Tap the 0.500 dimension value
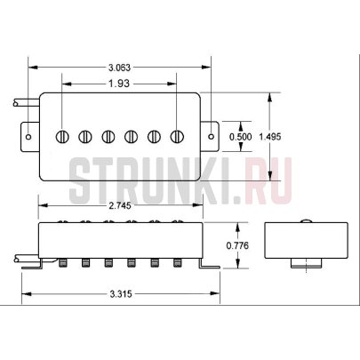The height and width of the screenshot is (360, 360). [239, 136]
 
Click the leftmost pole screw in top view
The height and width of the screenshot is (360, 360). [63, 136]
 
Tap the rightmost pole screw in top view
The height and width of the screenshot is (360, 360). [179, 136]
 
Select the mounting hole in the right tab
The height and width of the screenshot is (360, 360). [211, 136]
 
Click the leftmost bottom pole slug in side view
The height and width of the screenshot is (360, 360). [64, 263]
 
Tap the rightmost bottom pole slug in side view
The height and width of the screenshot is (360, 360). [179, 263]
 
